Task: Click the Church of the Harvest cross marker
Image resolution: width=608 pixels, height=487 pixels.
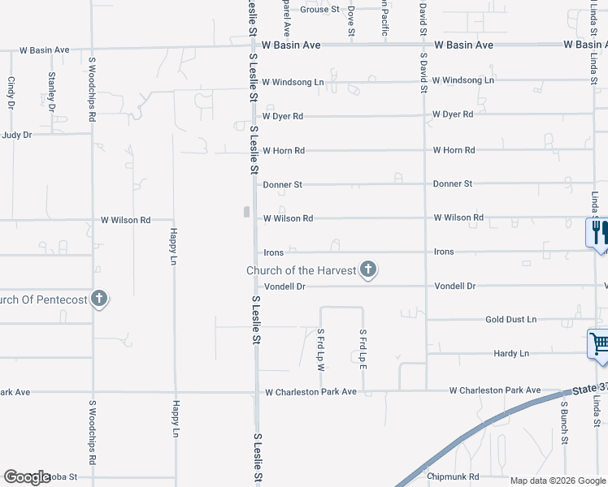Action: pos(368,269)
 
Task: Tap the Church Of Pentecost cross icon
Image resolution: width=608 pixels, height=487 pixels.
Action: pos(99,299)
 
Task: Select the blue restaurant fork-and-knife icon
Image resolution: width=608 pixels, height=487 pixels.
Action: pos(597,233)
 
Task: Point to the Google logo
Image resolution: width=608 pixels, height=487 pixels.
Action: pos(27,477)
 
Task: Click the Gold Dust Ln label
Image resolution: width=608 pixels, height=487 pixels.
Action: pos(511,320)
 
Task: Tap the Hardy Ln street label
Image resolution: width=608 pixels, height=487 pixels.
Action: pos(511,354)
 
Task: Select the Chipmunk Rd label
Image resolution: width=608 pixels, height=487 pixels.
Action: pos(453,476)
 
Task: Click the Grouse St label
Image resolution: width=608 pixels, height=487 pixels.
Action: pos(319,10)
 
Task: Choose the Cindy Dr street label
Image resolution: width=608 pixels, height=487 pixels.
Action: pos(11,93)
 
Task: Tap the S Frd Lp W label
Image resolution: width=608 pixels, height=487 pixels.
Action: pos(321,350)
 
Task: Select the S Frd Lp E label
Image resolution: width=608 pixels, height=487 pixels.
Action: pos(363,350)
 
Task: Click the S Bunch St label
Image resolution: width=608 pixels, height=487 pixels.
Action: pos(562,425)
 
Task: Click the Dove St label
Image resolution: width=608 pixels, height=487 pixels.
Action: pos(351,19)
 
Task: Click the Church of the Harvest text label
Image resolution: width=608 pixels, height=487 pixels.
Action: pos(302,270)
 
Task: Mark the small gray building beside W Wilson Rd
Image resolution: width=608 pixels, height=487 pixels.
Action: pos(246,213)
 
